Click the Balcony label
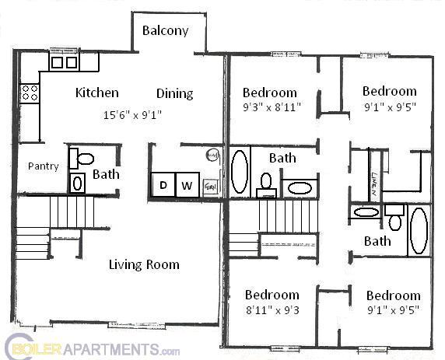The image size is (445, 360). pos(165,31)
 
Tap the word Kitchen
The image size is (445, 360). pos(97,93)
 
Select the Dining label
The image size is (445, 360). pos(174,93)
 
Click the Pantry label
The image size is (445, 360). pos(44,166)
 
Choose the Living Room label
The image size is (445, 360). pos(143,264)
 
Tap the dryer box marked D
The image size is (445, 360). pos(163,185)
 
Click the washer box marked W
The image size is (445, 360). pos(187,185)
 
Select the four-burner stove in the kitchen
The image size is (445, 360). pos(30,93)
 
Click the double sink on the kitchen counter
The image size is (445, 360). pos(64,61)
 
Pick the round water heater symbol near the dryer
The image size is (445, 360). pos(212,156)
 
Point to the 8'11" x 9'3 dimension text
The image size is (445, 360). pos(271,309)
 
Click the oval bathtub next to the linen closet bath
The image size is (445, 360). pos(419,230)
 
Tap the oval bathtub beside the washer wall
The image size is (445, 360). pos(240,172)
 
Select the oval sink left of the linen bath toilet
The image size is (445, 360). pos(364,211)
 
